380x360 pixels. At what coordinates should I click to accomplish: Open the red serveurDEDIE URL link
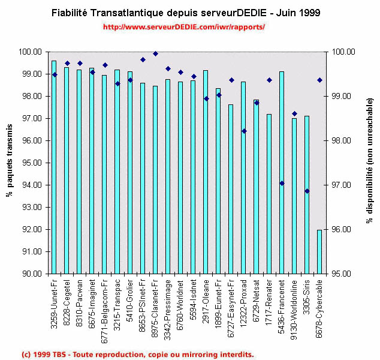coord(183,27)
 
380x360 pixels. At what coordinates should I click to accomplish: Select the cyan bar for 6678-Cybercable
coord(319,251)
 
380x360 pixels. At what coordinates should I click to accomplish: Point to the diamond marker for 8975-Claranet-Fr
coord(155,54)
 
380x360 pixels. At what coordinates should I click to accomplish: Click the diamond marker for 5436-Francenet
coord(282,183)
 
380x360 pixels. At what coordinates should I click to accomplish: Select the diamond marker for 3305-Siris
coord(307,191)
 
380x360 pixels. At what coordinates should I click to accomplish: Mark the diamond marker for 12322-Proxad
coord(244,131)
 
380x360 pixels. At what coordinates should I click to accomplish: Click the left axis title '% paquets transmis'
coord(10,163)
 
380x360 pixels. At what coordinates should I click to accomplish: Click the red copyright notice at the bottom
coord(137,354)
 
